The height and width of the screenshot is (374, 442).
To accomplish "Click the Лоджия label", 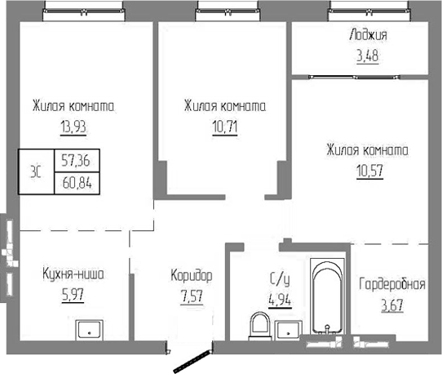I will (x=367, y=35).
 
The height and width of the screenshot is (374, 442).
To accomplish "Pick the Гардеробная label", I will (x=391, y=285).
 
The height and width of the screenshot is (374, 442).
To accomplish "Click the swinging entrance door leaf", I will (x=189, y=359).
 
